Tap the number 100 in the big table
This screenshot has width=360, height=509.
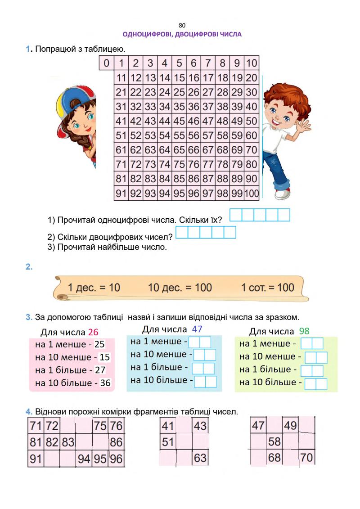252,194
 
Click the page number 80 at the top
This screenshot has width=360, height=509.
182,25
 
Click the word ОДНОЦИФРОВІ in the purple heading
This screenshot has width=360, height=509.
146,34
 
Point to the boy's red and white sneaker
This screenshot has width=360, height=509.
283,193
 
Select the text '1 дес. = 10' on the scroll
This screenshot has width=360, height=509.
94,288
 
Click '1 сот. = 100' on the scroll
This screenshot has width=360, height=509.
268,288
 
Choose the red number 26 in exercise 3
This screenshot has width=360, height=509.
93,332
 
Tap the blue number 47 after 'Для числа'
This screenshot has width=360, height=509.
197,329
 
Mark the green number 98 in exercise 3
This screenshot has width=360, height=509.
304,331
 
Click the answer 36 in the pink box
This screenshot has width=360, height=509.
105,383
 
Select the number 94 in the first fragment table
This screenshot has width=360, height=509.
84,459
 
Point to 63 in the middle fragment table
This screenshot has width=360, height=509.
200,458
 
